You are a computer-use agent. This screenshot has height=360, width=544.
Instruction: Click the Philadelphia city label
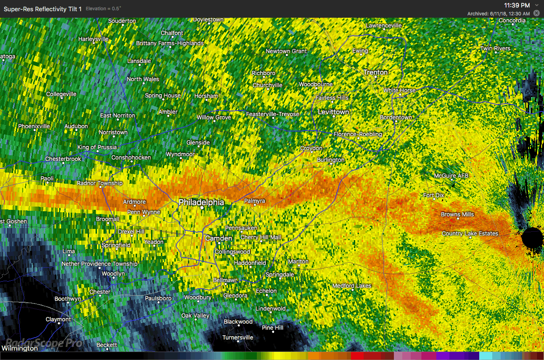(x=201, y=202)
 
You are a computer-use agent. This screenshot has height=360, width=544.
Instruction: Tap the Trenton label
(x=375, y=72)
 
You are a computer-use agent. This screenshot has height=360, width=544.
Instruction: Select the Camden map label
(x=219, y=238)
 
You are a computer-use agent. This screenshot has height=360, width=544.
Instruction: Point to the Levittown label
(x=333, y=112)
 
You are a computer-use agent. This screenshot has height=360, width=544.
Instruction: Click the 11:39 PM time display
(x=517, y=5)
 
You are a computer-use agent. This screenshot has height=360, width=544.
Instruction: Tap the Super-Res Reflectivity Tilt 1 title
(x=42, y=9)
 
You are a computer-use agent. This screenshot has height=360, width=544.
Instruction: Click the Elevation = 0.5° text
(x=103, y=9)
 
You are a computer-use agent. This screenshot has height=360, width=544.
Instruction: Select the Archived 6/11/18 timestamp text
(x=498, y=14)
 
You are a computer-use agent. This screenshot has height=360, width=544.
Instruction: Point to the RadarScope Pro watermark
(x=42, y=343)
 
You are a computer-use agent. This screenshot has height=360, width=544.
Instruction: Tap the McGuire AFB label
(x=451, y=176)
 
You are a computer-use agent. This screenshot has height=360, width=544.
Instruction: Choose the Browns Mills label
(x=457, y=215)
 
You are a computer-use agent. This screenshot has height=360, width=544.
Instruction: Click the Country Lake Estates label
(x=470, y=234)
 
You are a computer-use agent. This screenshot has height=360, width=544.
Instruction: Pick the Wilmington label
(x=20, y=348)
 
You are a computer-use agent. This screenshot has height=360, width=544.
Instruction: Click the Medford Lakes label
(x=351, y=286)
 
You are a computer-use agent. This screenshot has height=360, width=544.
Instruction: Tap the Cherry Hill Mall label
(x=261, y=237)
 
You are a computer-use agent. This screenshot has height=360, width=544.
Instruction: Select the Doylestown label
(x=208, y=20)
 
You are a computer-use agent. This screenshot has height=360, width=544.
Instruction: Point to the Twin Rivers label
(x=496, y=48)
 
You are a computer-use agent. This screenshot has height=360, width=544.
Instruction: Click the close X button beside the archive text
(x=536, y=14)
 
